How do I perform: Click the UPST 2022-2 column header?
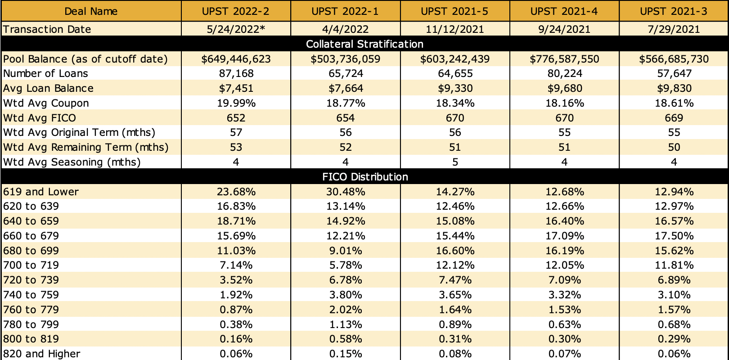[236, 11]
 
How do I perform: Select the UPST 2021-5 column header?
[455, 11]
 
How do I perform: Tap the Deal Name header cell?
[91, 11]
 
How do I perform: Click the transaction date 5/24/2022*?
[236, 29]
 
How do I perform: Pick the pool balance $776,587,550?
[564, 59]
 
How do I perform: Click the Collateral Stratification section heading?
[364, 44]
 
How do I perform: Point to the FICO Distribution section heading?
[364, 177]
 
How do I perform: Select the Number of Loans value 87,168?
[236, 73]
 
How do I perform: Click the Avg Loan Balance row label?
[48, 88]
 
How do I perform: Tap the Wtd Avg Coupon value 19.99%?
[236, 103]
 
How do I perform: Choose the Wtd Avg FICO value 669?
[674, 118]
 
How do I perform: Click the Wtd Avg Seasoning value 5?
[455, 162]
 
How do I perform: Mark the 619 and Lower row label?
[41, 192]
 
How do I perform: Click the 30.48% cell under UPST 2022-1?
[346, 192]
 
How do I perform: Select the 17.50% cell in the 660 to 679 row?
[674, 236]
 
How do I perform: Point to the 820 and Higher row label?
[42, 354]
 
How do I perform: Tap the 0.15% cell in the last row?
[346, 354]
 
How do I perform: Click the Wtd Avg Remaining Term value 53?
[236, 147]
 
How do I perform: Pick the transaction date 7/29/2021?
[674, 29]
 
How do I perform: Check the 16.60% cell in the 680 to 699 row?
[455, 251]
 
